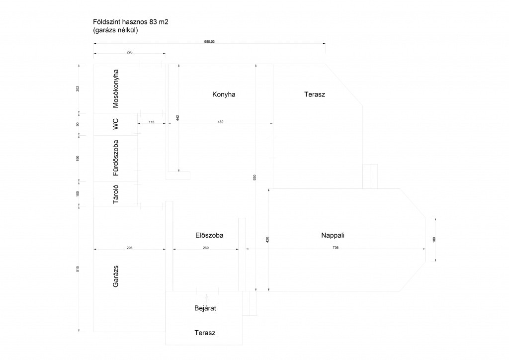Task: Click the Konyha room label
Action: (224, 94)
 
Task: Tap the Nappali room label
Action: (333, 235)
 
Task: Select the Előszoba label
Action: (209, 235)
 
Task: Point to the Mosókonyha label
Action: (115, 89)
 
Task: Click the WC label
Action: (115, 124)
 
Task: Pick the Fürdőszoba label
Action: (115, 158)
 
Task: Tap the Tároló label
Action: (115, 194)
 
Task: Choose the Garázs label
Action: (115, 276)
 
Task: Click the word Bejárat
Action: (205, 308)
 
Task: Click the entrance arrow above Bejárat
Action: (207, 298)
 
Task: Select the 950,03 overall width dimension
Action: (209, 42)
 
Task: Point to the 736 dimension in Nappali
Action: (336, 247)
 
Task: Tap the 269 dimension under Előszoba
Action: (205, 248)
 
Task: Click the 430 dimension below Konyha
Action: (220, 122)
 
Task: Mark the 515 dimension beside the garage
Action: (78, 269)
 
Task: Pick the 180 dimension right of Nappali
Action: (434, 240)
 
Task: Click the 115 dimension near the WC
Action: (152, 122)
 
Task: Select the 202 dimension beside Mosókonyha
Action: (78, 89)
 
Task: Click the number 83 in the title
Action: (153, 22)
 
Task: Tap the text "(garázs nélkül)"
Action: (115, 30)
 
